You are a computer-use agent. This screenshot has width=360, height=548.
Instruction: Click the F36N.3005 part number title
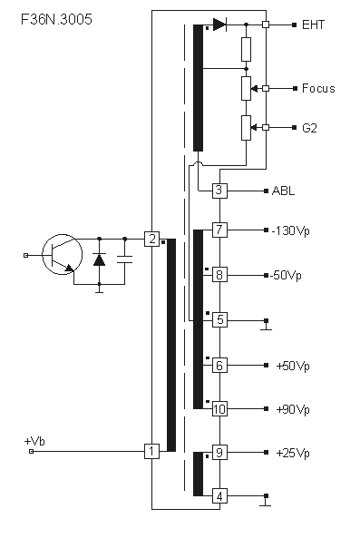[x=56, y=19]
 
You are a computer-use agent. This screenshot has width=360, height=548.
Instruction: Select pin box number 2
[x=152, y=240]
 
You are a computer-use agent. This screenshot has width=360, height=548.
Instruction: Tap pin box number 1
[x=152, y=451]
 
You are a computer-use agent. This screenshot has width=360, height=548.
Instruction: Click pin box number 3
[x=219, y=191]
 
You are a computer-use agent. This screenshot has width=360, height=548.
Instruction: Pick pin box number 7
[x=219, y=230]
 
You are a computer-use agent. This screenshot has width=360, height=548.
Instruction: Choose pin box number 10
[x=219, y=409]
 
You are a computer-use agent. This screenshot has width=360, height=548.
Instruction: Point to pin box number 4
[x=219, y=496]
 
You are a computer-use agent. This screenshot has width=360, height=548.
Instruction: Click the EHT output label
[x=313, y=24]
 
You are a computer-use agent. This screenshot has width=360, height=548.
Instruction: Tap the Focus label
[x=318, y=88]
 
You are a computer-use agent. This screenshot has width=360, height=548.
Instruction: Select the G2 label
[x=309, y=128]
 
